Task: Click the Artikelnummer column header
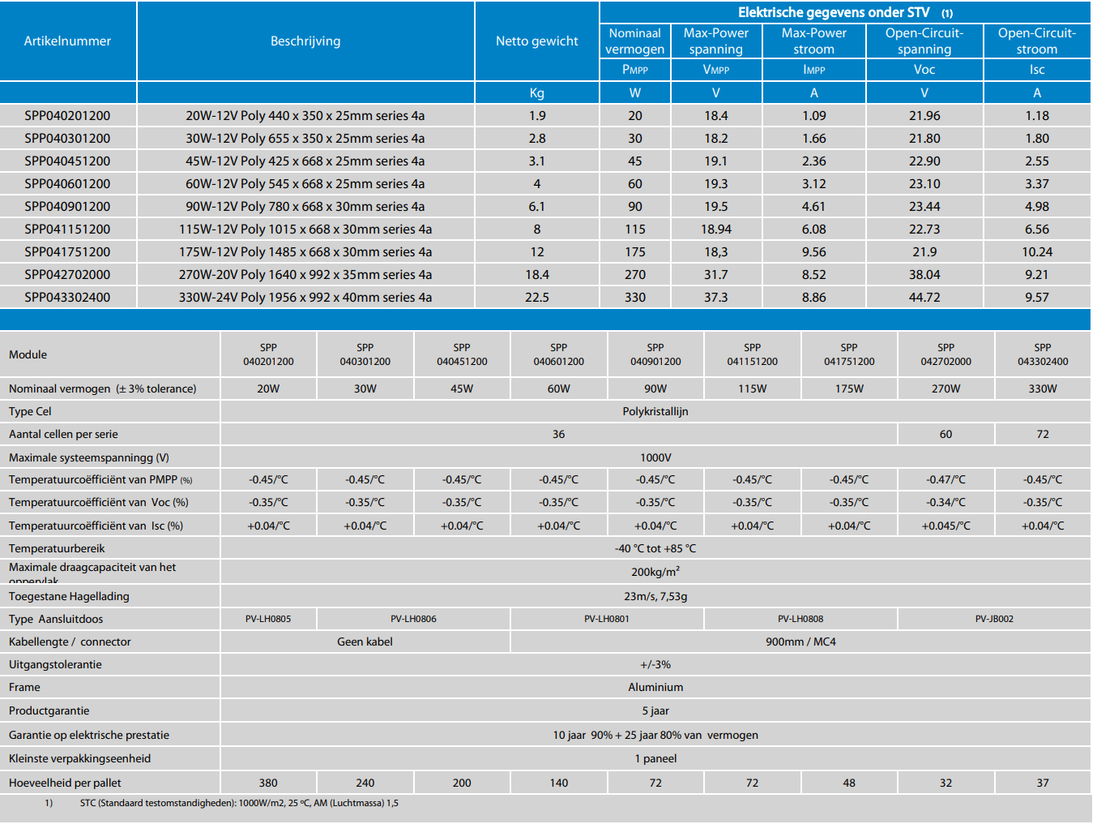coord(67,41)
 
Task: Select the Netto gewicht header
coord(536,41)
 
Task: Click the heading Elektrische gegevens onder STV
coord(834,13)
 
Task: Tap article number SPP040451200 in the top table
coord(67,161)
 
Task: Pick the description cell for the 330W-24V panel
coord(305,298)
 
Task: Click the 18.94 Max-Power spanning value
coord(716,230)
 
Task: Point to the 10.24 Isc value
coord(1037,252)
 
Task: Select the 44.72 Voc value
coord(924,298)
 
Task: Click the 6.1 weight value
coord(536,207)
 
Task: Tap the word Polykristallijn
coord(655,412)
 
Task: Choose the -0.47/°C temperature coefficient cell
coord(945,480)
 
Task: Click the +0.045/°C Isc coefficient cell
coord(945,526)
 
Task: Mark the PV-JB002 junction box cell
coord(994,620)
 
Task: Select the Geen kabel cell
coord(365,642)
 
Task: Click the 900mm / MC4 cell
coord(800,642)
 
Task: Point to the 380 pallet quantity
coord(268,783)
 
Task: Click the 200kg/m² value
coord(655,572)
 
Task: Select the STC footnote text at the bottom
coord(239,804)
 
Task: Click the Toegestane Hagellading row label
coord(69,597)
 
